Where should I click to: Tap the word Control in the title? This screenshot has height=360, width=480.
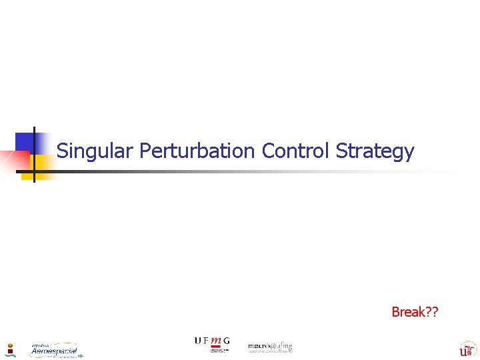295,151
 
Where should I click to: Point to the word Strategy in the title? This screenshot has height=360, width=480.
375,152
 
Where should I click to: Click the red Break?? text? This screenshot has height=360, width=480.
415,312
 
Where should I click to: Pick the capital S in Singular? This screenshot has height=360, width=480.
62,151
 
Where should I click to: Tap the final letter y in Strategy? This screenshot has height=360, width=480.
409,153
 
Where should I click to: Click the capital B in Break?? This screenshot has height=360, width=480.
395,312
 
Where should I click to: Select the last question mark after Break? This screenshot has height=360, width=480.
435,312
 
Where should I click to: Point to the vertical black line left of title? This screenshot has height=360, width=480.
34,153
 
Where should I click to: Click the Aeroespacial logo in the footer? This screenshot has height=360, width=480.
55,350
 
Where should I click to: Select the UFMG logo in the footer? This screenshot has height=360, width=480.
211,343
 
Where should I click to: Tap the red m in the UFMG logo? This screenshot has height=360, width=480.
215,341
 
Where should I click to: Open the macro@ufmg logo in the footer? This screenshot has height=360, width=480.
270,347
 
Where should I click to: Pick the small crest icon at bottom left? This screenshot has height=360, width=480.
11,349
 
